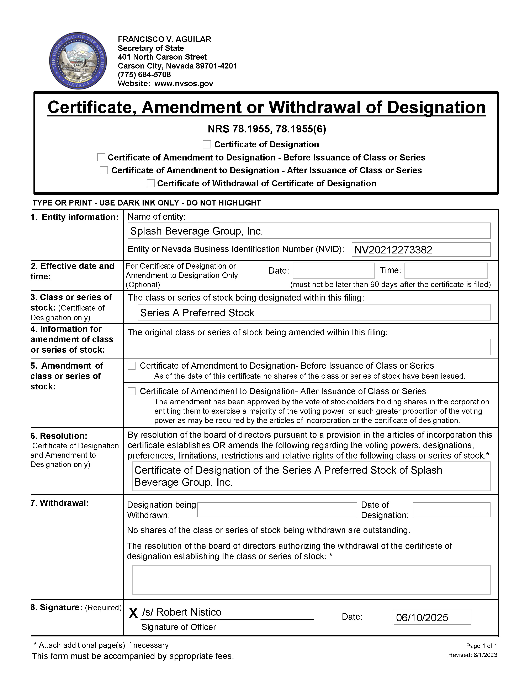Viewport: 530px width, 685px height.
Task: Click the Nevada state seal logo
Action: (x=78, y=61)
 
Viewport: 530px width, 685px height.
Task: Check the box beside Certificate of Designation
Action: (x=207, y=144)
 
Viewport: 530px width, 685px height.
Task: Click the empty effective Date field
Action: (x=333, y=270)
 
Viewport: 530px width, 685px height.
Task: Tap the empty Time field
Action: (x=446, y=270)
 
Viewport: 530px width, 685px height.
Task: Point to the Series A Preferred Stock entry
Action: (x=197, y=313)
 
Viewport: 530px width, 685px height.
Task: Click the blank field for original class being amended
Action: (x=314, y=347)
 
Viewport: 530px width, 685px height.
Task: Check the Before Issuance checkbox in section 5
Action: (x=132, y=366)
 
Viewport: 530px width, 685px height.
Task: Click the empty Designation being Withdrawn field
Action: (x=277, y=510)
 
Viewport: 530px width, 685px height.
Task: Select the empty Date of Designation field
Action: (x=451, y=510)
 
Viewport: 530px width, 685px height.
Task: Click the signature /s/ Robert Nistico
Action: (x=182, y=612)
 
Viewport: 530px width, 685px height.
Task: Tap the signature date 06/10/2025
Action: (x=422, y=618)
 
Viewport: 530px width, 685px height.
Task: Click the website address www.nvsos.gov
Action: (x=184, y=83)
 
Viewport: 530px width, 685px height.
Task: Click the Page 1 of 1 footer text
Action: (x=481, y=646)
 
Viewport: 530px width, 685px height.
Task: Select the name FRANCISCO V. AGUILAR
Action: (x=164, y=39)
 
